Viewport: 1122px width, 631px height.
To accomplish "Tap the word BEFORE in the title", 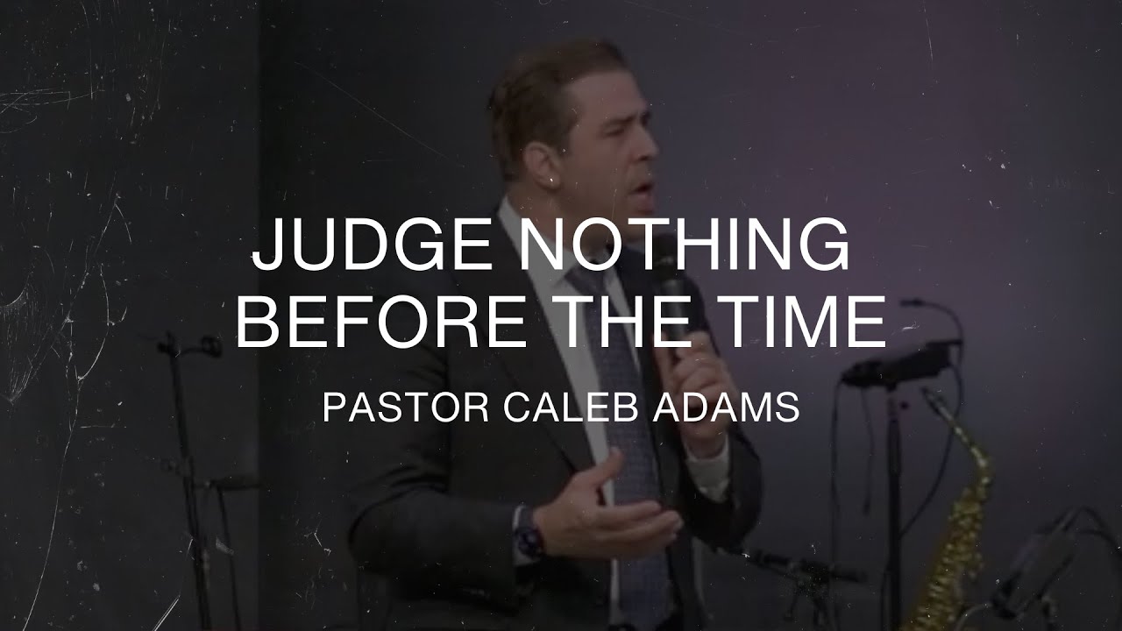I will coord(381,322).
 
